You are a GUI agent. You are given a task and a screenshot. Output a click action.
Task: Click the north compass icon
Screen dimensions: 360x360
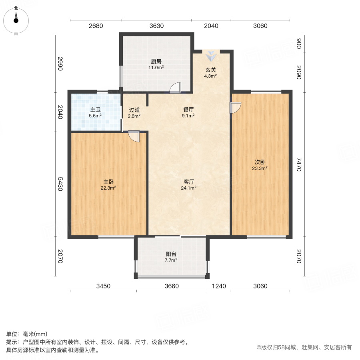click(16, 21)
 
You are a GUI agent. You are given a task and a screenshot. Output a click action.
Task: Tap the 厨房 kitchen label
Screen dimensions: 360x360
click(156, 61)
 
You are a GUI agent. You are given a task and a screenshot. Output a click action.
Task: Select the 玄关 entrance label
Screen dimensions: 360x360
click(210, 70)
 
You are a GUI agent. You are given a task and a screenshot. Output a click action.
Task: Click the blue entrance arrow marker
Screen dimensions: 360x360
click(211, 56)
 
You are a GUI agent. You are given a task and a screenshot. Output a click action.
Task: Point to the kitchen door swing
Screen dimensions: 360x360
click(175, 88)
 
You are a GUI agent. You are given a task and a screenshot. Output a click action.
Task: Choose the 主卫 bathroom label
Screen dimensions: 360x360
click(95, 110)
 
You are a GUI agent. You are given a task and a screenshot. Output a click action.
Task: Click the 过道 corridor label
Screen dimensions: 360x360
click(134, 110)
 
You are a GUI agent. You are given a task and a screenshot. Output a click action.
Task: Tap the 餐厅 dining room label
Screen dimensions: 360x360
click(188, 110)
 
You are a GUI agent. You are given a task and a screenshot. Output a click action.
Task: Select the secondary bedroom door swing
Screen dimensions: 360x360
click(236, 108)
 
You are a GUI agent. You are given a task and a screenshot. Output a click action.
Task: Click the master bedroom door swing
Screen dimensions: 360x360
click(134, 136)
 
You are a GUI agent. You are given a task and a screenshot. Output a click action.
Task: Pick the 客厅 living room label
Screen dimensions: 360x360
click(189, 182)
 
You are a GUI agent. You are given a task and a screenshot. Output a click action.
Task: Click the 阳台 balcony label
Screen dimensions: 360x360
click(171, 254)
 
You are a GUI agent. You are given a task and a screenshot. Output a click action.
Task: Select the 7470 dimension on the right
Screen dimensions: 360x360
click(298, 164)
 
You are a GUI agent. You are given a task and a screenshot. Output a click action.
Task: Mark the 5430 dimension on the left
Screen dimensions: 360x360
click(60, 184)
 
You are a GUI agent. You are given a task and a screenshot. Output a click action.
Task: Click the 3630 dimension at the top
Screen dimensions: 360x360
click(156, 26)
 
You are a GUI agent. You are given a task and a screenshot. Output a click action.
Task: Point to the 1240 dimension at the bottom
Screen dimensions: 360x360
click(219, 286)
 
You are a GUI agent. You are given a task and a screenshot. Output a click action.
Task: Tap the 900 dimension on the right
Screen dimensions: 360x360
click(298, 44)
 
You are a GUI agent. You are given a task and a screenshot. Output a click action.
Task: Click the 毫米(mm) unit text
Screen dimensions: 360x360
click(35, 334)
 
